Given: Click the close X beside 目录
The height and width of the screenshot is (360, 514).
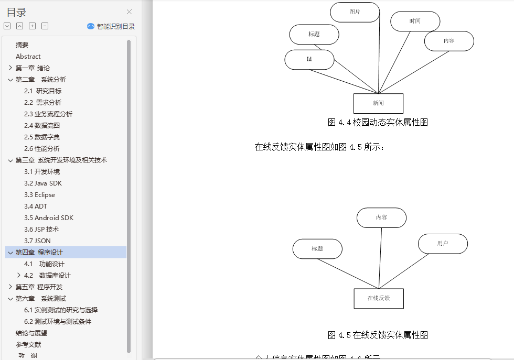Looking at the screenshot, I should click(130, 12).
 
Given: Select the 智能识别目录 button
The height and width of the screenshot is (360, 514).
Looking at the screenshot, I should click(111, 26).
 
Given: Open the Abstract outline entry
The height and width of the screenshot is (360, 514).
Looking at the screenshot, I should click(28, 57).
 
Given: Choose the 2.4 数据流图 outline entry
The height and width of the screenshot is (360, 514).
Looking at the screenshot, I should click(42, 126).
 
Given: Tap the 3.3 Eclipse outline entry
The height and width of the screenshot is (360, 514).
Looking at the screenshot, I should click(39, 195).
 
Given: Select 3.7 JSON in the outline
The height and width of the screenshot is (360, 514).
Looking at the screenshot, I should click(37, 241).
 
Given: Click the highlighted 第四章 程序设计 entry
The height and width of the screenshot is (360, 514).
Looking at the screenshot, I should click(39, 253).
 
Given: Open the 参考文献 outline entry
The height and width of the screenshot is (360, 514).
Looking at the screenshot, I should click(28, 345).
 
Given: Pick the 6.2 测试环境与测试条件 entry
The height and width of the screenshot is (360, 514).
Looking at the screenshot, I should click(61, 322).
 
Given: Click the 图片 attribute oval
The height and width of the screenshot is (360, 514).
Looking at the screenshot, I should click(355, 12).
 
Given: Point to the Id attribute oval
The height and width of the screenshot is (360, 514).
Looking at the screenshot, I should click(309, 60).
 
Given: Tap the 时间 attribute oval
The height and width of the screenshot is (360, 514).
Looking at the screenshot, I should click(415, 21).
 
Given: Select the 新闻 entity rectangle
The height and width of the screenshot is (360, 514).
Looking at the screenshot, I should click(378, 103).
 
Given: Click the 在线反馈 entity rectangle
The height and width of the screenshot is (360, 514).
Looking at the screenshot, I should click(378, 298).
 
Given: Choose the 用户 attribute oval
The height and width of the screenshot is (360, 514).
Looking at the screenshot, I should click(443, 244).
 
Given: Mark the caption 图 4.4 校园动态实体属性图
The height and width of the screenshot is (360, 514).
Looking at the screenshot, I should click(378, 123).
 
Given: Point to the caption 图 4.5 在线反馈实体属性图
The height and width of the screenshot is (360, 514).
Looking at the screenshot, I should click(378, 335).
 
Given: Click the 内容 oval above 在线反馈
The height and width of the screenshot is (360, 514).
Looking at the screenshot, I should click(381, 218).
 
